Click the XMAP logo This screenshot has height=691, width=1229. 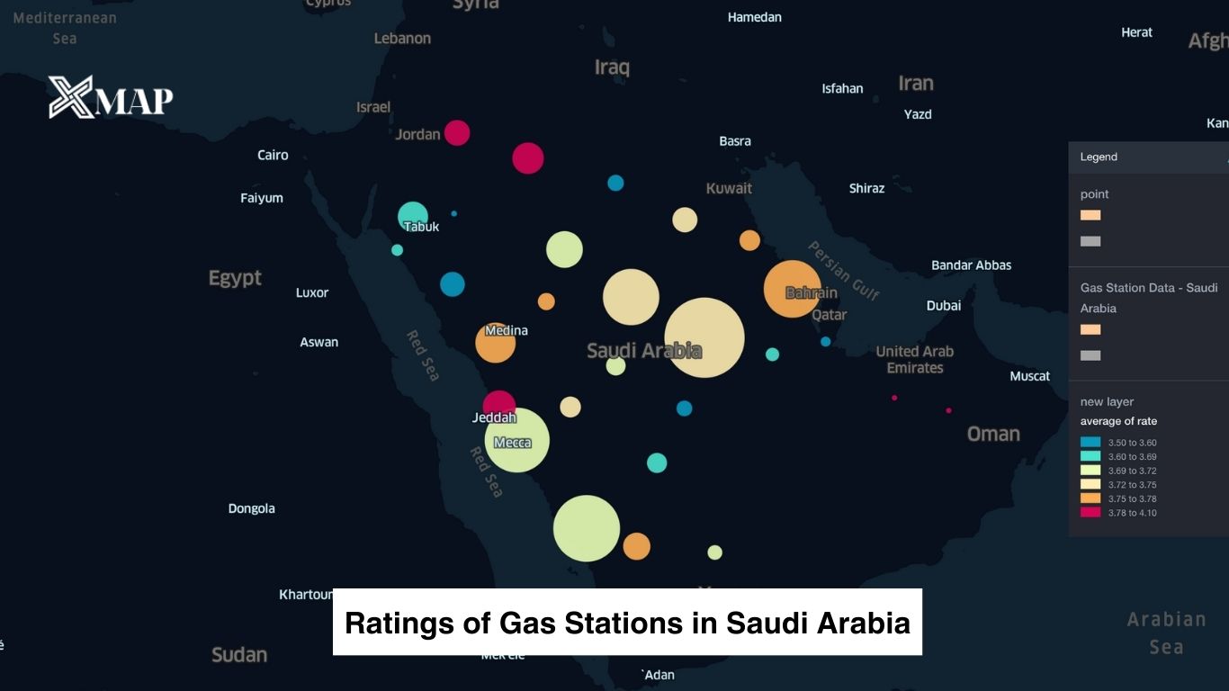(111, 97)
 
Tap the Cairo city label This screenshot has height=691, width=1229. (273, 155)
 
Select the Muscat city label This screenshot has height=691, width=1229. (1029, 376)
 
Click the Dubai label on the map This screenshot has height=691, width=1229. (944, 306)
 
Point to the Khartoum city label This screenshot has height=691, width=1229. (307, 595)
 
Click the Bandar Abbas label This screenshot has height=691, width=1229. (971, 265)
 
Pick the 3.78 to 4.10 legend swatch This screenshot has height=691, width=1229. (1090, 512)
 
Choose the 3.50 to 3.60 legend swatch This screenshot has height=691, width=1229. (1090, 443)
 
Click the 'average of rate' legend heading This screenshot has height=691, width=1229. (1118, 421)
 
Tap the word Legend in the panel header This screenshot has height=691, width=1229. (1099, 157)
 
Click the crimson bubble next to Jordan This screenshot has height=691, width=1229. (457, 132)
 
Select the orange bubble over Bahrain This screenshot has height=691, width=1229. (792, 289)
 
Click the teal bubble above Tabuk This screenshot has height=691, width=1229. (412, 215)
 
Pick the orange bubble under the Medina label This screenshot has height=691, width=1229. (495, 343)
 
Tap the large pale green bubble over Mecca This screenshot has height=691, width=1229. (517, 440)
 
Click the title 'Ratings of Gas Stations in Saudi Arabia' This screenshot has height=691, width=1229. (627, 623)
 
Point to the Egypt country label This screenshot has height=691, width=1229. (235, 278)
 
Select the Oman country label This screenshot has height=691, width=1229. (993, 434)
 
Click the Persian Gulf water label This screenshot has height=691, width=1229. (843, 270)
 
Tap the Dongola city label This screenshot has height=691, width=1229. (251, 508)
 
